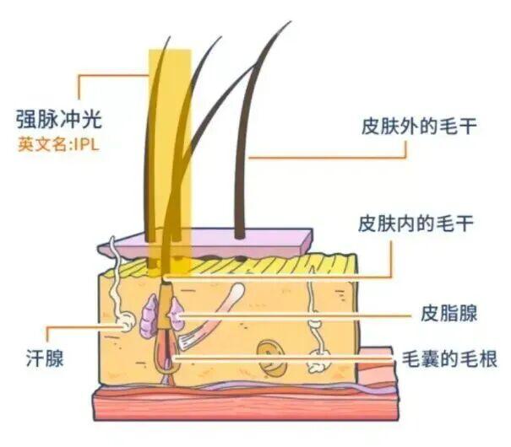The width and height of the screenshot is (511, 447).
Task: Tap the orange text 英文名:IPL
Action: click(58, 144)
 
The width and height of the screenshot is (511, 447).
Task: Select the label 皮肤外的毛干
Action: click(419, 126)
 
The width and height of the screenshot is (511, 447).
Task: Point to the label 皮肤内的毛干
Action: click(416, 223)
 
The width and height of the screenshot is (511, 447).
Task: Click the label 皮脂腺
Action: click(448, 313)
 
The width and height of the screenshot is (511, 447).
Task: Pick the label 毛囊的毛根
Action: click(449, 359)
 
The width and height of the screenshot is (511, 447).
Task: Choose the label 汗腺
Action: click(45, 358)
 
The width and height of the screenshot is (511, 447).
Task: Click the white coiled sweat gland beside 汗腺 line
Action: click(125, 322)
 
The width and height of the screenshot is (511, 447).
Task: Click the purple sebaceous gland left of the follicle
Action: click(149, 315)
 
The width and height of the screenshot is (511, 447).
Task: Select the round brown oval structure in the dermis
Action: click(272, 357)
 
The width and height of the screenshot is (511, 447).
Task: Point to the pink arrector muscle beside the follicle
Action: click(213, 316)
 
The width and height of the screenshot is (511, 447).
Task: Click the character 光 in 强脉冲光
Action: click(92, 120)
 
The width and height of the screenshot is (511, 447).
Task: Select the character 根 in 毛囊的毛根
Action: click(487, 359)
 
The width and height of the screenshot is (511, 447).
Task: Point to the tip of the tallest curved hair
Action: click(291, 21)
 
